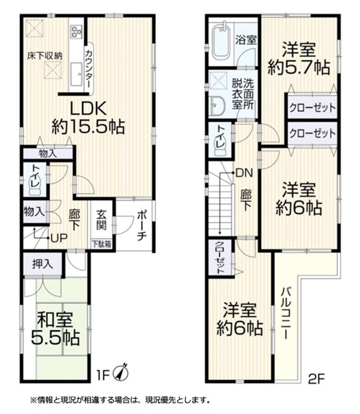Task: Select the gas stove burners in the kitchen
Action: [76, 31]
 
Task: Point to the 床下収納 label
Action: [45, 56]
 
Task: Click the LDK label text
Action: [88, 108]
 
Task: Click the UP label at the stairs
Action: [60, 238]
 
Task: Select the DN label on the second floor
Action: [245, 173]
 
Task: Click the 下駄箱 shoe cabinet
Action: [102, 245]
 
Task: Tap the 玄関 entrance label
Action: [102, 220]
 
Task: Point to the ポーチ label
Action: [142, 226]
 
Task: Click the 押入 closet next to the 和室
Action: [43, 264]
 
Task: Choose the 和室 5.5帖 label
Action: [56, 329]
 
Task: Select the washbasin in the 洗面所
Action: [218, 105]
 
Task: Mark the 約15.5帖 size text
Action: [88, 127]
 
